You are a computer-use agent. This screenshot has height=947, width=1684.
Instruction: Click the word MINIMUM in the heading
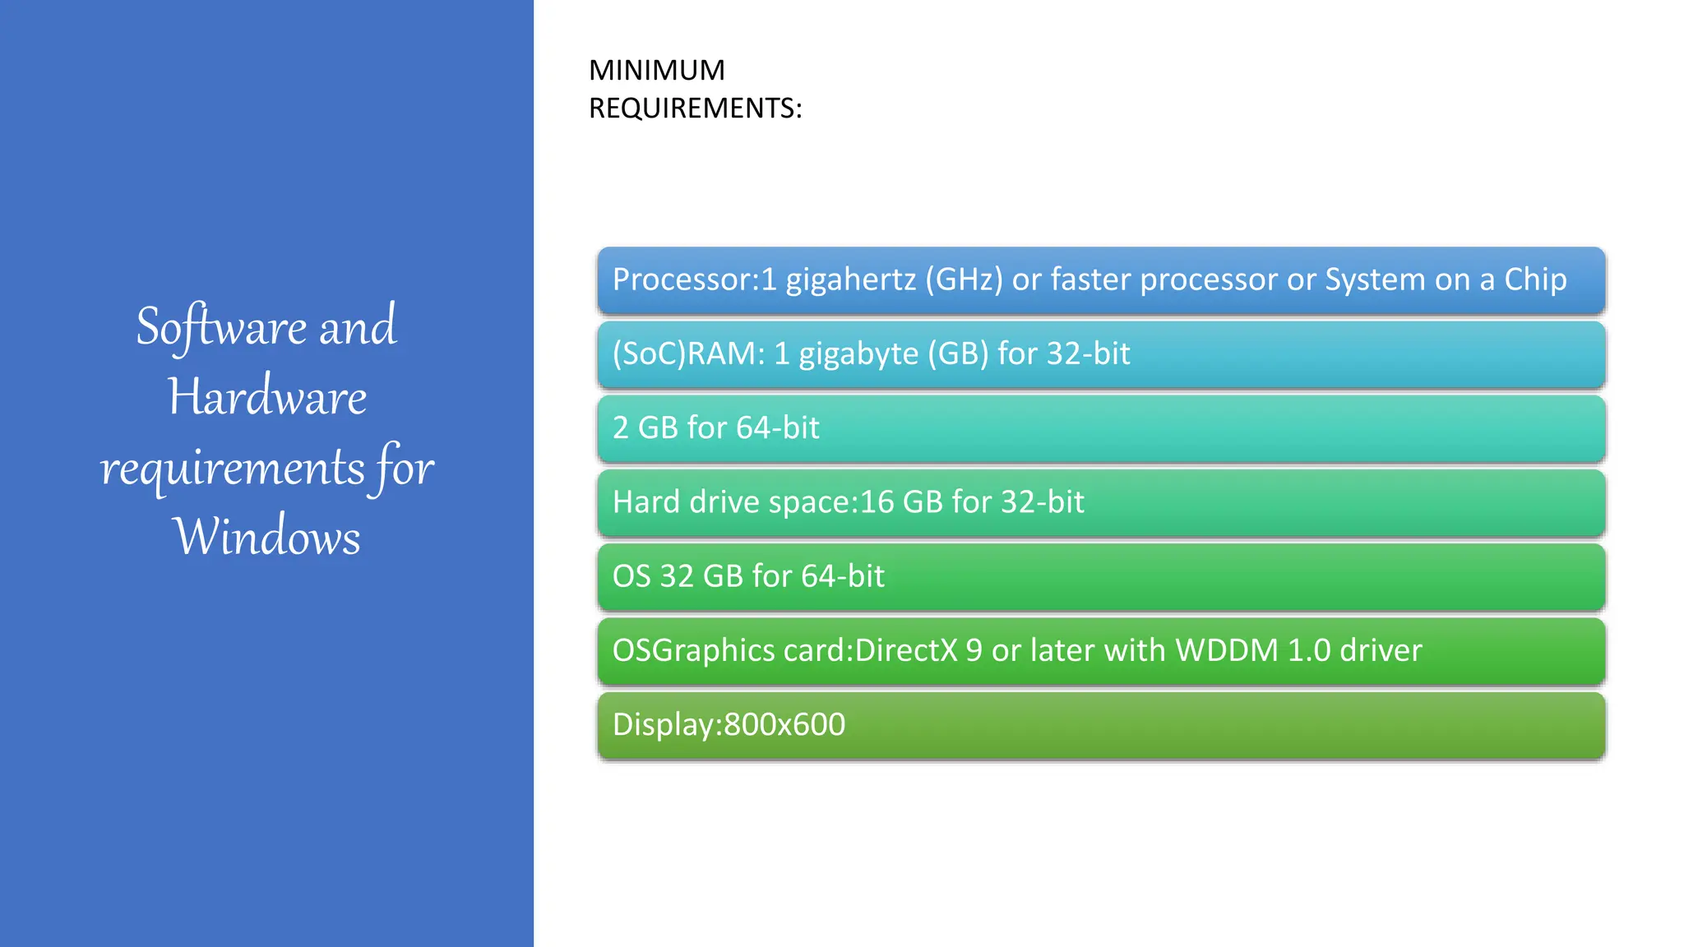[656, 71]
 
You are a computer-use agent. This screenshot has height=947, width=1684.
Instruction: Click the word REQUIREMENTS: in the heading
[695, 109]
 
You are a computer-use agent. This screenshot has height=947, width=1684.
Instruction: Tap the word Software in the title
[221, 326]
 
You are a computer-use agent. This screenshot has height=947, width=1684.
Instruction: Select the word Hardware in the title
[267, 397]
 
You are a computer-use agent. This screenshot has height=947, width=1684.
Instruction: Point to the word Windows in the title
[266, 537]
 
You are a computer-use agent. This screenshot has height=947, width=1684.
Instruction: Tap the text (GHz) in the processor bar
[964, 280]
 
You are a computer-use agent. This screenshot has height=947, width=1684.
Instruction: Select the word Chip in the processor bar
[1535, 280]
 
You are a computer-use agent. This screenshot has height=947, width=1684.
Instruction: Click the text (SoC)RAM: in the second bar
[688, 354]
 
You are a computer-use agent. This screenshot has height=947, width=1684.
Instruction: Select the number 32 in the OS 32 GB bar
[676, 576]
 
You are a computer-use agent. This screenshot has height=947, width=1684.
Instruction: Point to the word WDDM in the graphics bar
[1227, 650]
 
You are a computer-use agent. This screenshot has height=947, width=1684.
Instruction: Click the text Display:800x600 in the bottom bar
[729, 724]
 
